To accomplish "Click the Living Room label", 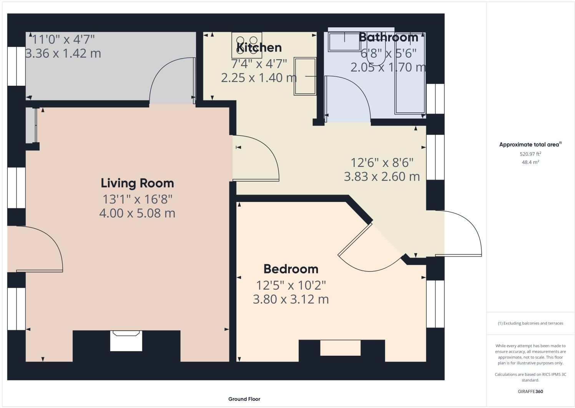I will [x=137, y=183].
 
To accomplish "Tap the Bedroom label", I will [x=291, y=269].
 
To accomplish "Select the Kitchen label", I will [x=259, y=47].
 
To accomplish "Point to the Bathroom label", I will [x=388, y=37].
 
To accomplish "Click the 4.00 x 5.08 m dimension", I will [x=137, y=213].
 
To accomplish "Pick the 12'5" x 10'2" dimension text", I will [x=291, y=285].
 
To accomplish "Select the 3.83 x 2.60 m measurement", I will [x=382, y=177].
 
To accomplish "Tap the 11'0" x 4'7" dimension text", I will [x=63, y=39].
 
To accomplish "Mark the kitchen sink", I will [x=305, y=76].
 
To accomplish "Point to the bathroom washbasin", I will [x=344, y=41].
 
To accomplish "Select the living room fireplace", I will [x=126, y=341].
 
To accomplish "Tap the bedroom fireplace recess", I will [x=341, y=348].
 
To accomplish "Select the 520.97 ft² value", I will [x=530, y=154].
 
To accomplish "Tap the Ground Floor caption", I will [x=244, y=399].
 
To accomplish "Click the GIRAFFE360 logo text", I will [x=530, y=391].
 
